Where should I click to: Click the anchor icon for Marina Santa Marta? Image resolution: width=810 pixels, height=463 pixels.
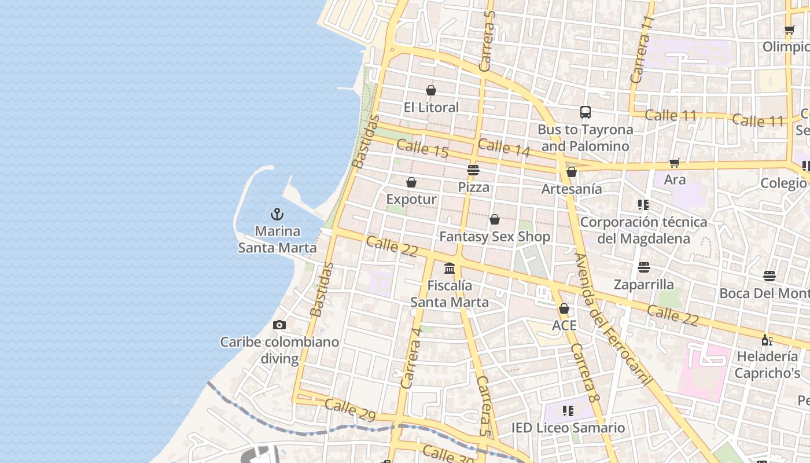click(277, 214)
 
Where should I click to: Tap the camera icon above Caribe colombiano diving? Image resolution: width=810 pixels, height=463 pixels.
click(279, 325)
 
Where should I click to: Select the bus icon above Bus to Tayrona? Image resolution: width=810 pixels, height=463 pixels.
click(586, 112)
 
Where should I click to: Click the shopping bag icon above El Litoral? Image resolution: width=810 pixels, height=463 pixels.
click(431, 90)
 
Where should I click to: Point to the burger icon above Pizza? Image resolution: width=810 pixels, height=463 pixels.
click(473, 170)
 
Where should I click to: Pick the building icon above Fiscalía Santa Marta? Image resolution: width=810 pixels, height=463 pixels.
click(450, 269)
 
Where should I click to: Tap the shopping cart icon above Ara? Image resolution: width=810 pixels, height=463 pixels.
click(674, 163)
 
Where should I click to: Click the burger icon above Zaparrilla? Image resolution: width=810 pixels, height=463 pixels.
click(644, 267)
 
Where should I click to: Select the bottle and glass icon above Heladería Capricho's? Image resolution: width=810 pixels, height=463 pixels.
click(767, 340)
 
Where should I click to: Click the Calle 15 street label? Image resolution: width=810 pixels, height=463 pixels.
click(423, 149)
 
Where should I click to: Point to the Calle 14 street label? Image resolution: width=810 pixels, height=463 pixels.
click(504, 148)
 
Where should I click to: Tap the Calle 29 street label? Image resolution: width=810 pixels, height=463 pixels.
click(350, 409)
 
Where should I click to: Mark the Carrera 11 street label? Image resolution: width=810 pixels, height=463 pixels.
click(642, 49)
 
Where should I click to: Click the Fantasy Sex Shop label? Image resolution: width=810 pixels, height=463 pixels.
click(495, 237)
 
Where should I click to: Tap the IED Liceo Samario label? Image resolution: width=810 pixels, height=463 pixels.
click(568, 428)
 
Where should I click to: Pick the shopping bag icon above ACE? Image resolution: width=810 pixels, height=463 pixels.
click(564, 308)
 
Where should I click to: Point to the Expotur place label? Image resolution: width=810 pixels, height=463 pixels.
click(411, 200)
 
